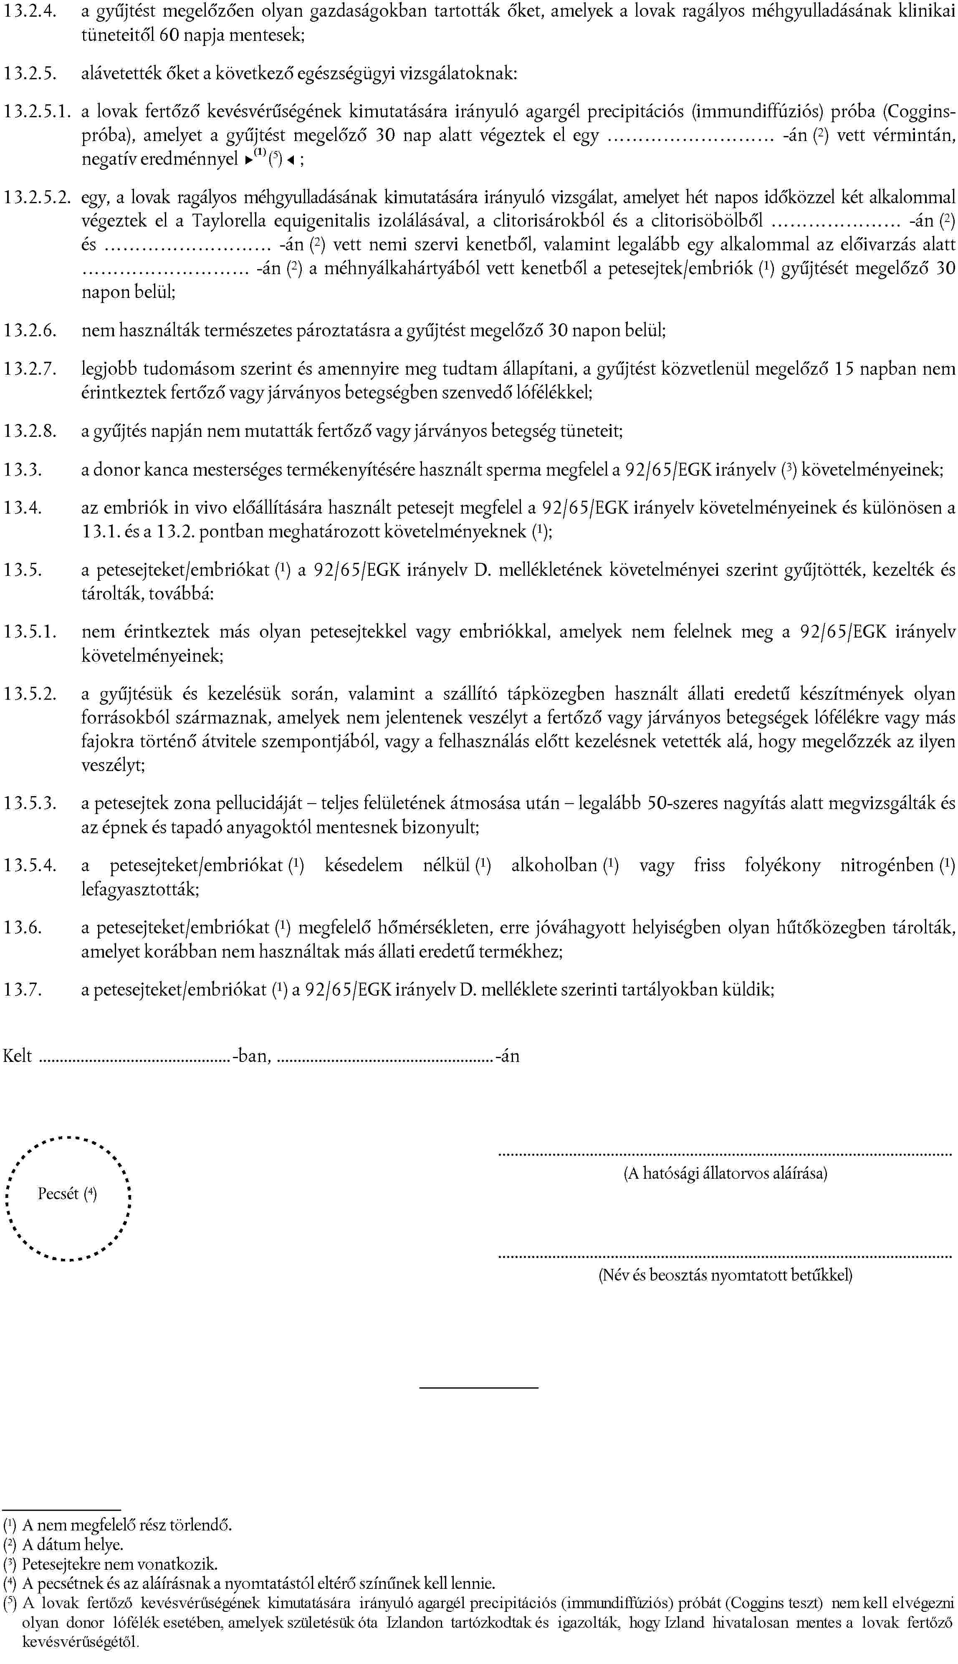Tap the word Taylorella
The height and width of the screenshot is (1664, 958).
[227, 221]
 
